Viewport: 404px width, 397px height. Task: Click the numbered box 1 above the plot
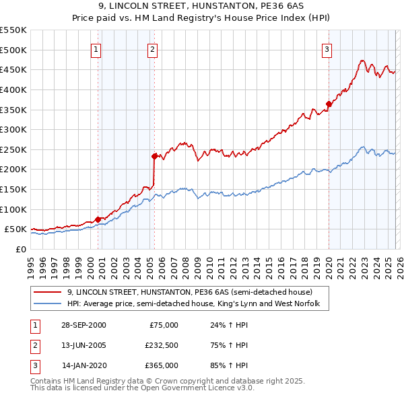96,48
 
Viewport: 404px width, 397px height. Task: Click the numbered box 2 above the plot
153,48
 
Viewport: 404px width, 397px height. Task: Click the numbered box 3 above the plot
327,48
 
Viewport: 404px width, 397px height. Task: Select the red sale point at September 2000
98,219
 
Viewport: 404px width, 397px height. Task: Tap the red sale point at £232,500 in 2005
154,156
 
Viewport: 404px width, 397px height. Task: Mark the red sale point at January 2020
329,104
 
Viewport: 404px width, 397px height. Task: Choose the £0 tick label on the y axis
20,249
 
